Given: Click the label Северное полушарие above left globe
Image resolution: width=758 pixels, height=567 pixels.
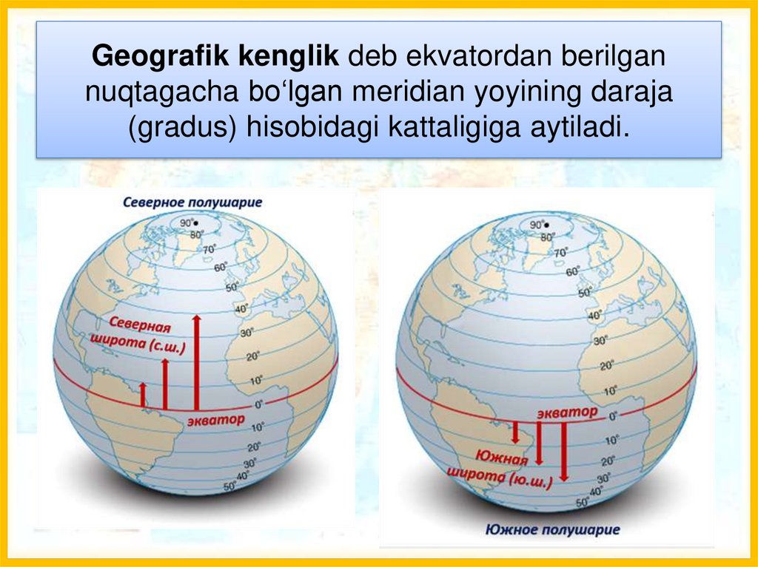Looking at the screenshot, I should click(x=192, y=202).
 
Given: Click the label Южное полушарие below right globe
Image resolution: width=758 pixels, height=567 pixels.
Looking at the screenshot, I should click(x=553, y=529).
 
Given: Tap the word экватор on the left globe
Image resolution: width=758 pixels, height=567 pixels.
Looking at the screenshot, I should click(x=215, y=420).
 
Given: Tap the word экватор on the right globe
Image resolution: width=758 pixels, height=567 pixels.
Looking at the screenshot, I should click(x=567, y=411).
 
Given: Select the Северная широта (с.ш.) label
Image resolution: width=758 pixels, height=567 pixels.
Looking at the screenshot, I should click(x=141, y=335).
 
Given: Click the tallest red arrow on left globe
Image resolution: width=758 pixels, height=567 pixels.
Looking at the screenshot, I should click(x=196, y=361).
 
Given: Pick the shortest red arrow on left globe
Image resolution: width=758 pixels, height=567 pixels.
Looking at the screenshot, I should click(x=143, y=395).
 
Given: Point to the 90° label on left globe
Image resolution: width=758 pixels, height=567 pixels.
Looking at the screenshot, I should click(x=188, y=223).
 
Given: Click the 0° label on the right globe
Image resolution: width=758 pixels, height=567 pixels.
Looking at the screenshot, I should click(x=613, y=416).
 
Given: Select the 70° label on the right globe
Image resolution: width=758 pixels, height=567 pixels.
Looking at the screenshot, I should click(x=560, y=253).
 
